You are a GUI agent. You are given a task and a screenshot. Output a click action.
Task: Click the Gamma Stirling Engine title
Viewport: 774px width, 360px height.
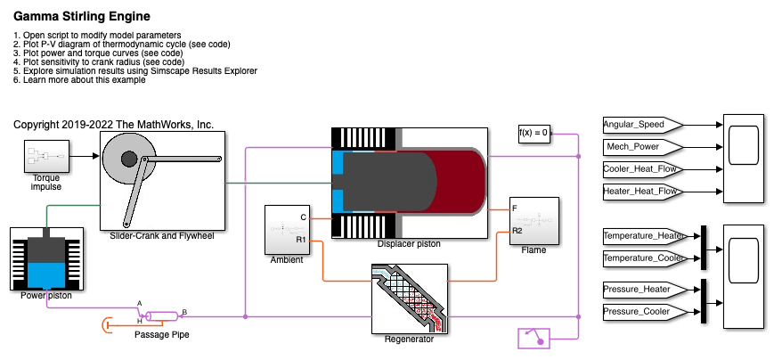(x=82, y=17)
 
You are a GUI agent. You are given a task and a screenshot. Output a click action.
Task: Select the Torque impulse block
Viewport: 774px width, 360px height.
(x=40, y=158)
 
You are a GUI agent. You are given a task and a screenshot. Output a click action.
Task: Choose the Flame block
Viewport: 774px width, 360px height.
(x=534, y=220)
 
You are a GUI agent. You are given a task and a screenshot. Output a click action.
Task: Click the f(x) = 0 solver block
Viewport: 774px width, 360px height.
(x=534, y=134)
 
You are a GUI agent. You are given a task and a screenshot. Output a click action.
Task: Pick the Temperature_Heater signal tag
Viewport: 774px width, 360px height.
(x=641, y=236)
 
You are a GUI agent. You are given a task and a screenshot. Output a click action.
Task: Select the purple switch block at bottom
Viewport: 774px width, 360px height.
(x=534, y=338)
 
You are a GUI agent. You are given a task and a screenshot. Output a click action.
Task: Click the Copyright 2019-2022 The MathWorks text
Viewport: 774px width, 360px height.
(x=114, y=125)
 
